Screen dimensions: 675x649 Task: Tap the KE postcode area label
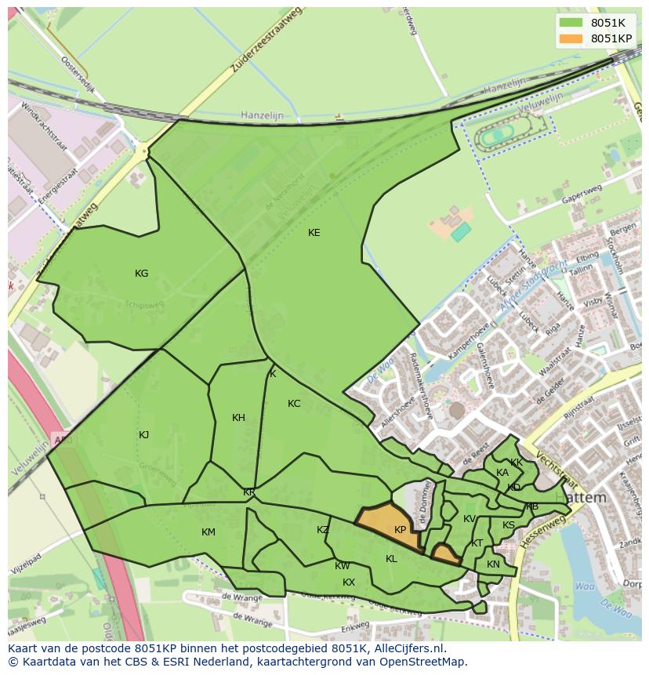314,233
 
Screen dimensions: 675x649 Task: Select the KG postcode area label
141,274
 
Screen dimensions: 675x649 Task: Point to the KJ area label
144,435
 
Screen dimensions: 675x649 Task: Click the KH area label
239,418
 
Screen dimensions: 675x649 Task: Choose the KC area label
294,404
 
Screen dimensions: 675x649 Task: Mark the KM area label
208,532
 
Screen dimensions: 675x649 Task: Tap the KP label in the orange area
400,530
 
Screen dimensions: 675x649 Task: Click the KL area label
391,559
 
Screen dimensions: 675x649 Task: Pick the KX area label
349,582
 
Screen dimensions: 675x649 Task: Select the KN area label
493,564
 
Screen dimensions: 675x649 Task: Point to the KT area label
477,543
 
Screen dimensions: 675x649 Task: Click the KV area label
469,519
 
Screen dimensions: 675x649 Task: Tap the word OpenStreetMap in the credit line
428,662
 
